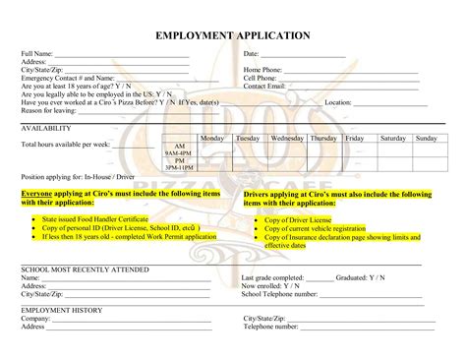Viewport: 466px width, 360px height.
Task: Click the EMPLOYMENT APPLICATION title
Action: click(233, 35)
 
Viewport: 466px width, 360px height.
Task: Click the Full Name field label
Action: click(36, 53)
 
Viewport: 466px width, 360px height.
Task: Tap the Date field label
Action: click(251, 53)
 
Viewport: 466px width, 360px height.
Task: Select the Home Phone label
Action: click(262, 70)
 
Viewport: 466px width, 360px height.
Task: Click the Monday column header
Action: click(212, 139)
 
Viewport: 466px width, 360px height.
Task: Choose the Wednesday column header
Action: click(286, 139)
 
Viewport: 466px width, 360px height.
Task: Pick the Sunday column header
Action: click(426, 139)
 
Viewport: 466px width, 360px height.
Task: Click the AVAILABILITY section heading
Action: click(45, 129)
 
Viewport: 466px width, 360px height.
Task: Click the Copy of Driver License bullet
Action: click(298, 221)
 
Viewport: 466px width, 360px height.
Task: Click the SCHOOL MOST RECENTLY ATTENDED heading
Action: click(86, 268)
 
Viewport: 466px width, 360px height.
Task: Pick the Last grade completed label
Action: click(272, 277)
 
